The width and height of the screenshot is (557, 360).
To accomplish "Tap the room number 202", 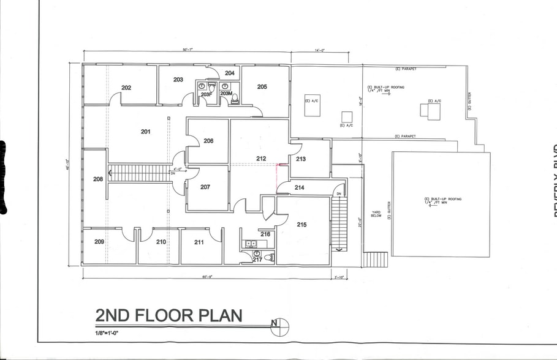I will (x=126, y=88).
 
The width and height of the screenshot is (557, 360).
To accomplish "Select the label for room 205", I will (x=262, y=87).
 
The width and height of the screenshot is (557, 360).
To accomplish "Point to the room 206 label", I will (x=208, y=141).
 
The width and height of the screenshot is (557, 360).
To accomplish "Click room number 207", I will (x=205, y=187).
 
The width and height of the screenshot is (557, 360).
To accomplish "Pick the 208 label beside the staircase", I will (x=98, y=179).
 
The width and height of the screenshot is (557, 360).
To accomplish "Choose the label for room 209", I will (x=100, y=242).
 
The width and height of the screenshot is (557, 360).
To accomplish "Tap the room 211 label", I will (x=199, y=242).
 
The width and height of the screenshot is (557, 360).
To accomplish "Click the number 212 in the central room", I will (x=261, y=159).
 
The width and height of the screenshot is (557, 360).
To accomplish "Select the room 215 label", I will (x=302, y=225).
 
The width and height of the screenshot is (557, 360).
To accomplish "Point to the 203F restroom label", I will (x=207, y=94).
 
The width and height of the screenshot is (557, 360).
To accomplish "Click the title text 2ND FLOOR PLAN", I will (x=169, y=316).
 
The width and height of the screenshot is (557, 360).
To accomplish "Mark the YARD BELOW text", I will (x=376, y=215).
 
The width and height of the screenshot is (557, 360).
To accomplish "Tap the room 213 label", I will (x=301, y=159).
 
